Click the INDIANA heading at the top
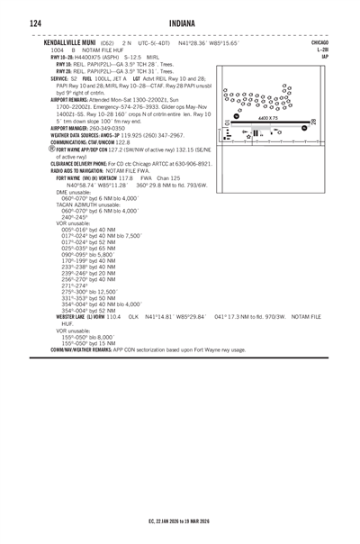(180, 21)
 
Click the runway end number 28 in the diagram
(311, 122)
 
